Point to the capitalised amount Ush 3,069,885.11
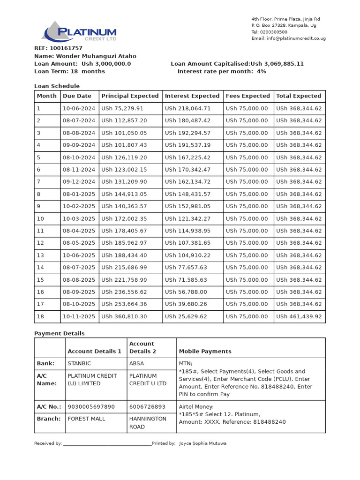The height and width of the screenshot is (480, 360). (x=277, y=64)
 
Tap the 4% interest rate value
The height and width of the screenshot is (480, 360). (x=261, y=71)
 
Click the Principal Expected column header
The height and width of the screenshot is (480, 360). (x=130, y=96)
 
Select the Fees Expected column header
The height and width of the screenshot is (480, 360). (x=248, y=96)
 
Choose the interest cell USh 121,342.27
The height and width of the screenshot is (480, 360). (x=187, y=218)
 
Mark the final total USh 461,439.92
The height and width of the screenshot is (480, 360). (x=299, y=316)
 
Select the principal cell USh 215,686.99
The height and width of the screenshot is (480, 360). (x=124, y=268)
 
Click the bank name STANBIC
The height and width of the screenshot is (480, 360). (x=79, y=363)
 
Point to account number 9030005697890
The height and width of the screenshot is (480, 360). (x=91, y=406)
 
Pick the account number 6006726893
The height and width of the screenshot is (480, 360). (x=147, y=406)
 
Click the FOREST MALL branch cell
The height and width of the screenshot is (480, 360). (x=87, y=419)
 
